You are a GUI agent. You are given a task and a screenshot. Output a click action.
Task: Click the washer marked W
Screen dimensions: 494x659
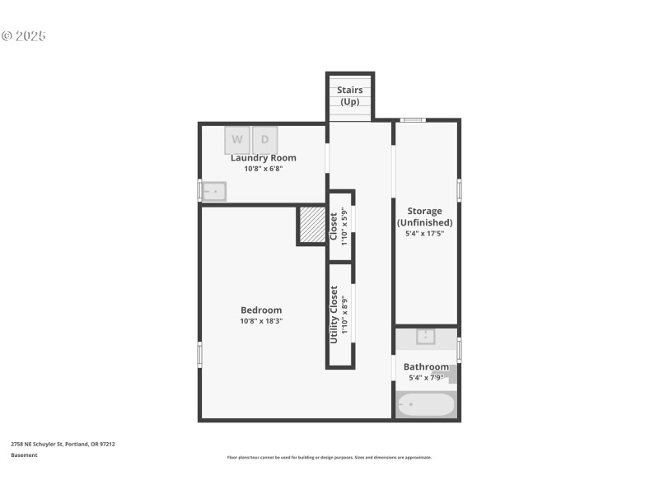pyautogui.click(x=237, y=139)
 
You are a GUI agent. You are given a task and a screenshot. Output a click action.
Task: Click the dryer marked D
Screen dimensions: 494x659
pyautogui.click(x=265, y=139)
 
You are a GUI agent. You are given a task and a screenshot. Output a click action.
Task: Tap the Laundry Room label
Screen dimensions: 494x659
pyautogui.click(x=263, y=158)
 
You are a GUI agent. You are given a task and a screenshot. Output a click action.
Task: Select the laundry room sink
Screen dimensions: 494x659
pyautogui.click(x=214, y=192)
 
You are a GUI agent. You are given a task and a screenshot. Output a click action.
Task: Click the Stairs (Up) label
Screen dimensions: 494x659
pyautogui.click(x=350, y=96)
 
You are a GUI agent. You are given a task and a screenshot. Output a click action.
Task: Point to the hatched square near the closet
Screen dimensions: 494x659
pyautogui.click(x=312, y=225)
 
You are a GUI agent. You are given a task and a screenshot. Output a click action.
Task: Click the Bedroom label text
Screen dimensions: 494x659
pyautogui.click(x=261, y=310)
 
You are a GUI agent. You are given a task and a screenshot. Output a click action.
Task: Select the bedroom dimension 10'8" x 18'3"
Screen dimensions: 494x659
pyautogui.click(x=261, y=322)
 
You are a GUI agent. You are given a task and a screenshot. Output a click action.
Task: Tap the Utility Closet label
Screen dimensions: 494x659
pyautogui.click(x=334, y=314)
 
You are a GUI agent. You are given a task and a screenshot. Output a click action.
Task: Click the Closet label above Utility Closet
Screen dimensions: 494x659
pyautogui.click(x=334, y=226)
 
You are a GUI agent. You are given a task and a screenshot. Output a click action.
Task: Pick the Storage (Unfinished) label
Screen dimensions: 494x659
pyautogui.click(x=424, y=217)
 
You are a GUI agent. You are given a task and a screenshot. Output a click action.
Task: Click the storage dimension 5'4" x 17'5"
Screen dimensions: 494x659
pyautogui.click(x=424, y=234)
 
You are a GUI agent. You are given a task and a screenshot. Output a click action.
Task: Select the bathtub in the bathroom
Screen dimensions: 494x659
pyautogui.click(x=426, y=405)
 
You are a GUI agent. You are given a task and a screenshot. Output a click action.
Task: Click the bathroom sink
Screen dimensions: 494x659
pyautogui.click(x=426, y=337)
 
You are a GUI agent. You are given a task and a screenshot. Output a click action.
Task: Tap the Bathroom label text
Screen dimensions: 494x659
pyautogui.click(x=426, y=367)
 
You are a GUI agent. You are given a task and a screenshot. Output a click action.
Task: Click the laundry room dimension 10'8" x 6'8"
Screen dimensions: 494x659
pyautogui.click(x=263, y=169)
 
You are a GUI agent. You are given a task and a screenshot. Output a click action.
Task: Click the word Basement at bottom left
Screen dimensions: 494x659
pyautogui.click(x=24, y=455)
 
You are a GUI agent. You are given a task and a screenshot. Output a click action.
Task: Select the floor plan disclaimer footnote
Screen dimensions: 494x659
pyautogui.click(x=329, y=457)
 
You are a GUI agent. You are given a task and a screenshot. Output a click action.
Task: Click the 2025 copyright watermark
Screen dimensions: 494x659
pyautogui.click(x=24, y=36)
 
